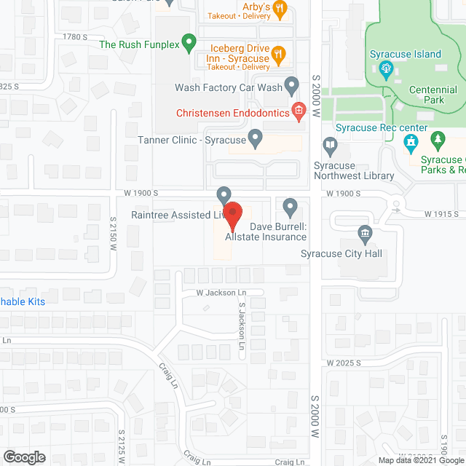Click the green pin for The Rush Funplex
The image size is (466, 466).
[x=189, y=43]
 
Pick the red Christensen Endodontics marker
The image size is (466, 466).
[x=297, y=111]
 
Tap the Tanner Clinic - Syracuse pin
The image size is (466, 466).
[x=255, y=137]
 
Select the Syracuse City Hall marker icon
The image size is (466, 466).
[x=366, y=234]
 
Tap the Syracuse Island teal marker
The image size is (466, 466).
[x=386, y=70]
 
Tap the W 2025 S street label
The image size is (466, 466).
[x=344, y=363]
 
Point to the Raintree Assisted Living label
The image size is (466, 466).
[x=175, y=215]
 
